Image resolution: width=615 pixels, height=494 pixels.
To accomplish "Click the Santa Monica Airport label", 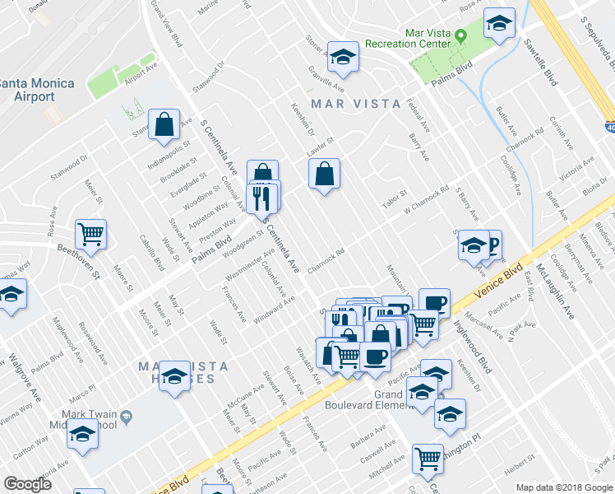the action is [x=37, y=90].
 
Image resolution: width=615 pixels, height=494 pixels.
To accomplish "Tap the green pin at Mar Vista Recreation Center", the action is [x=462, y=36].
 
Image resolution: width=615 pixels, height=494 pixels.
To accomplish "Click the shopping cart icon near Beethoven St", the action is [x=90, y=233].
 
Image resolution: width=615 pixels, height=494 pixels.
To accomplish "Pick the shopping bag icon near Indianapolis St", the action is [x=164, y=125].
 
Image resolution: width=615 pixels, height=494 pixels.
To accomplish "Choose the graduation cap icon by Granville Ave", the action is [x=343, y=57].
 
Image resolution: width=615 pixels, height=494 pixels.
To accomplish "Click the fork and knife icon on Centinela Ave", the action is [x=262, y=198].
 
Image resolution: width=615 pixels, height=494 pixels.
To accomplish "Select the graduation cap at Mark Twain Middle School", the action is [x=82, y=433].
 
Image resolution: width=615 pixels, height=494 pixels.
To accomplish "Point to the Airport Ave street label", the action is [x=141, y=73].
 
